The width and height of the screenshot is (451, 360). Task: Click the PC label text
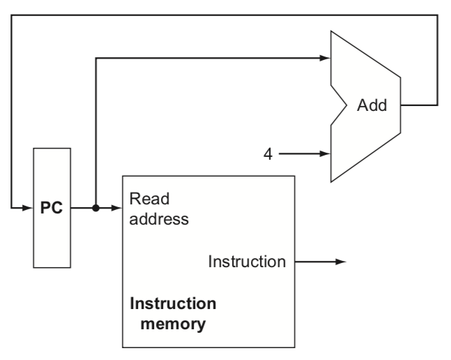(x=52, y=207)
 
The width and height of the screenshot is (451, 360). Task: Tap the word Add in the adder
(x=372, y=105)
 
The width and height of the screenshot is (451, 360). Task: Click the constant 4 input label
(x=268, y=154)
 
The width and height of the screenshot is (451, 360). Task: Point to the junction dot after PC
(x=95, y=208)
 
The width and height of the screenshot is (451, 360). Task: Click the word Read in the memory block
(x=149, y=199)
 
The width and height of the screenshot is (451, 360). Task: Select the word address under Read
(x=159, y=219)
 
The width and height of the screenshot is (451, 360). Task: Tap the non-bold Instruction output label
(x=247, y=262)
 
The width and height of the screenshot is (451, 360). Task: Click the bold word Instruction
(x=173, y=303)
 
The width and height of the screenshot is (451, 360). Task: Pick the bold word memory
(x=173, y=324)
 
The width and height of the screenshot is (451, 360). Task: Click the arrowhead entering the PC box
(x=28, y=208)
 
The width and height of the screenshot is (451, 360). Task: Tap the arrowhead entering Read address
(x=117, y=208)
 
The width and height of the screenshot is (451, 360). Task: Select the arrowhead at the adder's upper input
(x=326, y=58)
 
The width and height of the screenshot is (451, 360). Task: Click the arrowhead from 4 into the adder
(x=326, y=154)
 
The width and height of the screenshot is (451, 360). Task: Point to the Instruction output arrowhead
(x=341, y=262)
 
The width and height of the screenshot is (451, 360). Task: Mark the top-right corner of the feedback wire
(x=438, y=15)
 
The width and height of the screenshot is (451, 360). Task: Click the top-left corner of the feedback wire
(x=12, y=15)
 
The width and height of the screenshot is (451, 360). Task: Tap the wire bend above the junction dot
(x=95, y=58)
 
